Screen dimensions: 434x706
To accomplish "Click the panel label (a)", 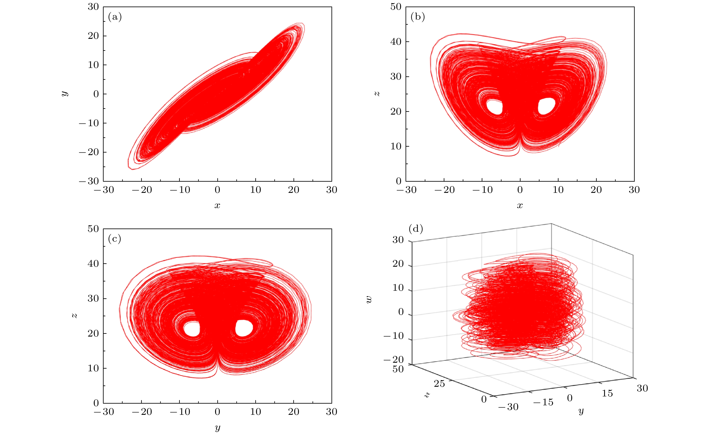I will tap(115, 17).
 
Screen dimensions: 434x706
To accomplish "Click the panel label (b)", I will tap(418, 17).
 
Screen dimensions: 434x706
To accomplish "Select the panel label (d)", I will tap(416, 229).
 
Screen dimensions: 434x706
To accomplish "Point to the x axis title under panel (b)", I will tap(520, 206).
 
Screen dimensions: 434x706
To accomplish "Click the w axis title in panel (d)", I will tap(369, 299).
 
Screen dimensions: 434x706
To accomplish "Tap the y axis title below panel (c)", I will tap(218, 428).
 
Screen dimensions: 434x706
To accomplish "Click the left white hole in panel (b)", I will tap(495, 107).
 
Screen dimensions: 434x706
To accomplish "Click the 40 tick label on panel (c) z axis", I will tap(93, 264).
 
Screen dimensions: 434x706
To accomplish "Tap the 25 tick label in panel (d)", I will tap(439, 384).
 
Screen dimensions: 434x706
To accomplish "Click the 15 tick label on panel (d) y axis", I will tap(607, 393).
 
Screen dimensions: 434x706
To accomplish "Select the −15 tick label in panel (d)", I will tap(543, 402).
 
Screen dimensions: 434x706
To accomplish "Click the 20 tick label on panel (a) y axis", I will tap(93, 36).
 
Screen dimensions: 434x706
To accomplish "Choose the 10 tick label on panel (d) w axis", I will tap(398, 288).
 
